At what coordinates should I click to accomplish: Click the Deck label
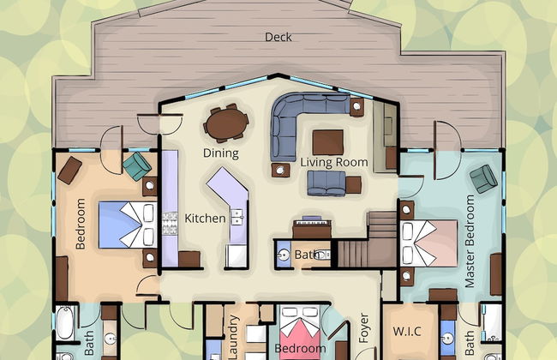[x=278, y=37]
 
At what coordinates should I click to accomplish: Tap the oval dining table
[x=226, y=123]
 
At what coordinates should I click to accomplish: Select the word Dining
[x=220, y=153]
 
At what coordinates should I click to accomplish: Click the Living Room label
[x=334, y=162]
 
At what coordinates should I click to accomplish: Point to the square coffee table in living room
[x=328, y=142]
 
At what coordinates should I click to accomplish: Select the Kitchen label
[x=205, y=219]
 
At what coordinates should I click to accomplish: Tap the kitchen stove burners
[x=170, y=223]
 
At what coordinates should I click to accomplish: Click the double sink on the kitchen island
[x=237, y=217]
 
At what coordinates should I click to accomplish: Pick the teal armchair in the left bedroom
[x=137, y=166]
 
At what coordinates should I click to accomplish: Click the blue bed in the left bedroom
[x=128, y=225]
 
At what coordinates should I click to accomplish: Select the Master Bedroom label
[x=470, y=242]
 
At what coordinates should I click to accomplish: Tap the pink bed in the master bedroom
[x=428, y=243]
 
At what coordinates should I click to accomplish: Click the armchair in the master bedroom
[x=483, y=179]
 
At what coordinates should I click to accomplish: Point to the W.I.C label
[x=407, y=332]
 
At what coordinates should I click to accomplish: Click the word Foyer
[x=363, y=328]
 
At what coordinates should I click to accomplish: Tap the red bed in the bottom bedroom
[x=300, y=333]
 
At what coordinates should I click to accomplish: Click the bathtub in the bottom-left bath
[x=65, y=322]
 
